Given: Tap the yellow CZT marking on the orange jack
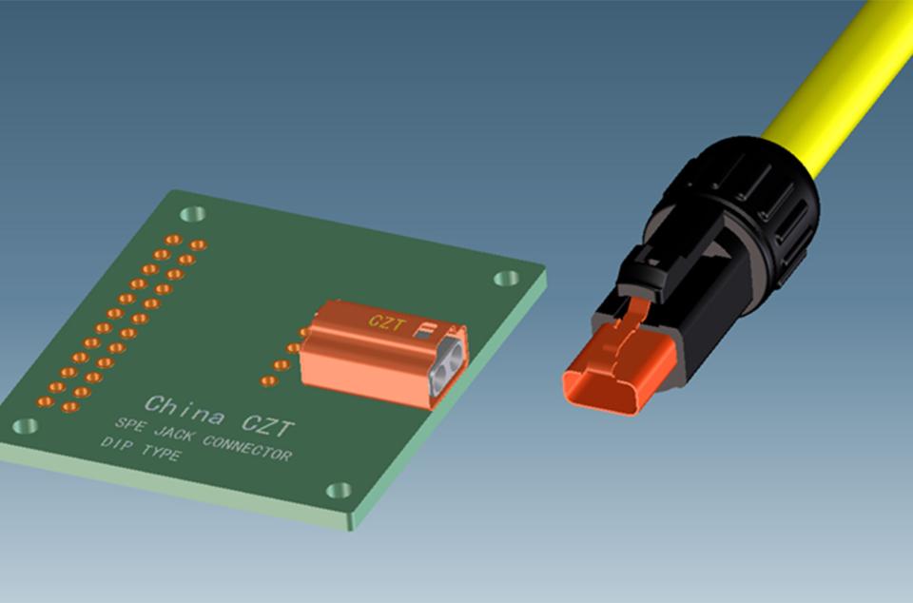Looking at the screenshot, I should click(x=386, y=322).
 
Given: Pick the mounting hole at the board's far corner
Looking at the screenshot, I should click(x=193, y=214).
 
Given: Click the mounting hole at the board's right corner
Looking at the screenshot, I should click(x=506, y=279).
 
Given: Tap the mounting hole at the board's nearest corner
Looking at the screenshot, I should click(x=339, y=491).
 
